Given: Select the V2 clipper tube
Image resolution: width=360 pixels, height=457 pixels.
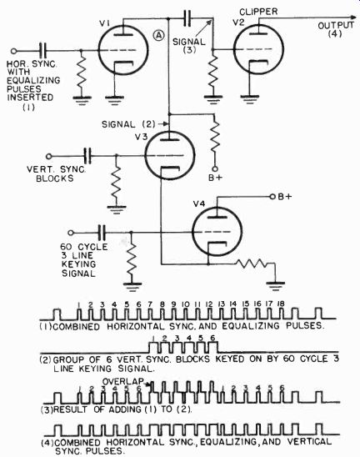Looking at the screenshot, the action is (258, 49).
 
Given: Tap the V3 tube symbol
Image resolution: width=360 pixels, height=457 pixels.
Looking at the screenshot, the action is (169, 155).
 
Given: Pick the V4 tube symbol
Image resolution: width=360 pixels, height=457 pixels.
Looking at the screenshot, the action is (217, 232).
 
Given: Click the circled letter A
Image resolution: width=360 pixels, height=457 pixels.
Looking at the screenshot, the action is (158, 35).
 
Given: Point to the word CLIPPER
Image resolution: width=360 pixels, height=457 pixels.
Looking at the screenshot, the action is (258, 12).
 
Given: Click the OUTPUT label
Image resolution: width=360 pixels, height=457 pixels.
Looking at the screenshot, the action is (336, 26).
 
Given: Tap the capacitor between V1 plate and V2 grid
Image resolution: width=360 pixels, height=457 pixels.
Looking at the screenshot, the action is (187, 18).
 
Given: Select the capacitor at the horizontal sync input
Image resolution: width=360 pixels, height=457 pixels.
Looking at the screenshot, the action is (43, 51).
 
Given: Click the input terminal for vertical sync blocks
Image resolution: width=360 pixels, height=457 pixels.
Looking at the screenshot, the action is (49, 157).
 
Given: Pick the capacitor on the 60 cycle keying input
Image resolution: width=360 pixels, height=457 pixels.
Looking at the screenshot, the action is (102, 233).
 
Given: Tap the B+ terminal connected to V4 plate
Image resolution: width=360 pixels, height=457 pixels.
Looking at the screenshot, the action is (272, 197).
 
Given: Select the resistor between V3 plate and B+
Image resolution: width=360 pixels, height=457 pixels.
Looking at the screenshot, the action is (215, 137).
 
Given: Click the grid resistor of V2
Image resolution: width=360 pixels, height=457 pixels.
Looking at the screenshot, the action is (212, 72).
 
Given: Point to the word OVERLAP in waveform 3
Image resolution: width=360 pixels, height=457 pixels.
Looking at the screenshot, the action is (122, 381).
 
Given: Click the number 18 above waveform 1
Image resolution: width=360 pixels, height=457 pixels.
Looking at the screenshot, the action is (281, 304).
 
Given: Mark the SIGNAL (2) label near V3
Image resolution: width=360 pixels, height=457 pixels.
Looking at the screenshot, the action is (128, 124).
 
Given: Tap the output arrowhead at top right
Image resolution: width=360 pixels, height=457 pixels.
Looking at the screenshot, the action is (353, 18).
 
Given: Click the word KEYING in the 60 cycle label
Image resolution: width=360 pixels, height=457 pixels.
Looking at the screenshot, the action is (78, 264).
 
